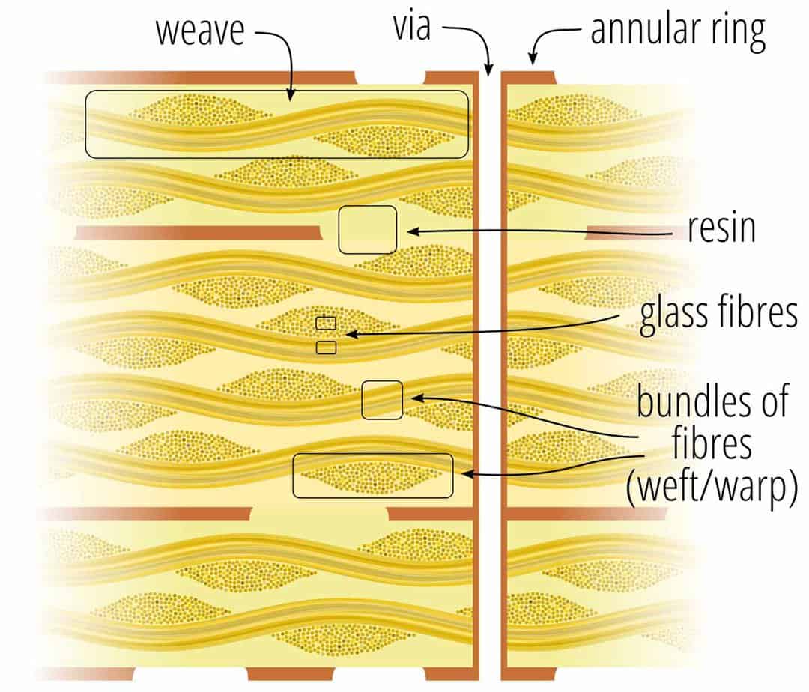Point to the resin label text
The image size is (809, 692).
point(721,228)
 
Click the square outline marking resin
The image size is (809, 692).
point(367,229)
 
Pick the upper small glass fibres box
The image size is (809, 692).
point(326,323)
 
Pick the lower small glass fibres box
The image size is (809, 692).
point(326,347)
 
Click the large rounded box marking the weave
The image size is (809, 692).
point(276,124)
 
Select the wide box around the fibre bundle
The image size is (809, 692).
point(372,476)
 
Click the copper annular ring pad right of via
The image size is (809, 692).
point(529,76)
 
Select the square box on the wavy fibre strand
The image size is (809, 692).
point(382,399)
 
